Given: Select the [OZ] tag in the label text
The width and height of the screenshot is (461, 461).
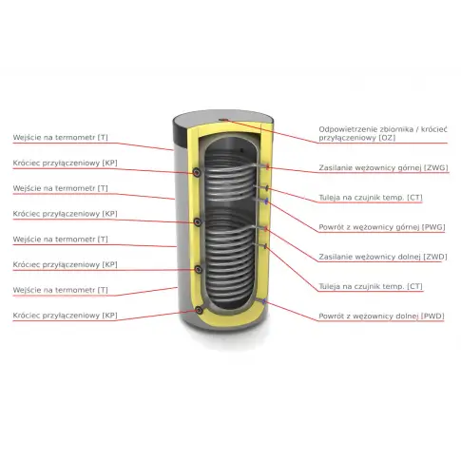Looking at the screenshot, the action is (387, 138).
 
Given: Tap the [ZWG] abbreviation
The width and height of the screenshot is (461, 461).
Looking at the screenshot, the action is (436, 167).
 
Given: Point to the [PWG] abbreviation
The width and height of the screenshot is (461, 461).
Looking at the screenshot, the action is (433, 227).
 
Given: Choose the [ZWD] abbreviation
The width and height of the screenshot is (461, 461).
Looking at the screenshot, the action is (435, 257).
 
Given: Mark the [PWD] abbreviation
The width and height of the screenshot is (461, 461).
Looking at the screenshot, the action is (432, 317).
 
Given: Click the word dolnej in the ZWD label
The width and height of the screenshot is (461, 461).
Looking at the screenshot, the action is (410, 257).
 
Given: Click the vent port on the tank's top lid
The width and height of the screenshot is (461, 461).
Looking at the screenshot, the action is (223, 120).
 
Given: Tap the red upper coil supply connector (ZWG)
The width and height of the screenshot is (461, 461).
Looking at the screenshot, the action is (268, 166).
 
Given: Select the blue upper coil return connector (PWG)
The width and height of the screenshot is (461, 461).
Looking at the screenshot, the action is (267, 201).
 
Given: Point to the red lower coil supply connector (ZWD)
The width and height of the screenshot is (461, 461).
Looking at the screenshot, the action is (266, 228).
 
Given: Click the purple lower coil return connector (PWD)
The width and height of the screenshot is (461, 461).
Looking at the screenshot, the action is (264, 301).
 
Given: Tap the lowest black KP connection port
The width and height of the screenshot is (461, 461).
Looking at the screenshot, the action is (199, 310).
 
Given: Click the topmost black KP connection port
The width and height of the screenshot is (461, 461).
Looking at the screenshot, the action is (197, 172).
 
